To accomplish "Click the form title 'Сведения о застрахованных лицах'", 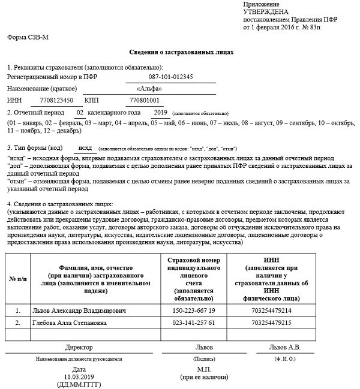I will (x=181, y=52).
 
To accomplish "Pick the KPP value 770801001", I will (x=145, y=100).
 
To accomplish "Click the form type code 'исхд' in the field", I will (x=85, y=147).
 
